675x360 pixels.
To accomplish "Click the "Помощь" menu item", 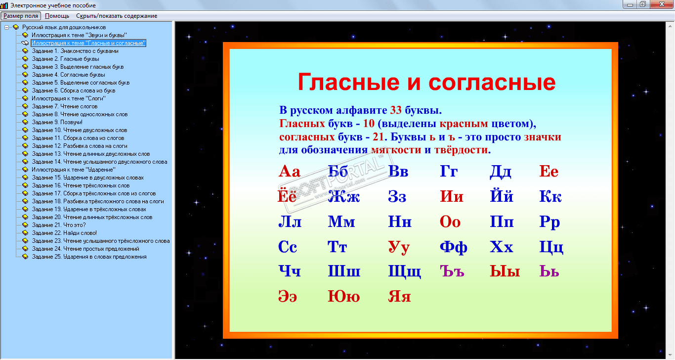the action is [57, 16].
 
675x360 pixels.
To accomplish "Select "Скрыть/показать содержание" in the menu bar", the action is [117, 16].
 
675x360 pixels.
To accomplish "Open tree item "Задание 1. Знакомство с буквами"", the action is [75, 51].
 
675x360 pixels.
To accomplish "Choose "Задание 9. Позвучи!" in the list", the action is [57, 122].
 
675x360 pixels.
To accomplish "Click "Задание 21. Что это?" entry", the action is [59, 225].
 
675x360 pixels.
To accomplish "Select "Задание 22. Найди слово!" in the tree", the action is [64, 233].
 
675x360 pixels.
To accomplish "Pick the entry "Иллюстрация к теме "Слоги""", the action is [68, 98].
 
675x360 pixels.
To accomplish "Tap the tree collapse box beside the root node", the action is [6, 27].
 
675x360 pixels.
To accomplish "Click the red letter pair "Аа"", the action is [289, 171].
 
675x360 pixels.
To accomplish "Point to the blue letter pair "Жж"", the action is [344, 197].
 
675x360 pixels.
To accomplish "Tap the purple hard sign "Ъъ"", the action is [452, 271].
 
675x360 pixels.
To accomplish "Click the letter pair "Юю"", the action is [344, 296].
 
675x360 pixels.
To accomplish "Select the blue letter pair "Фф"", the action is [454, 247].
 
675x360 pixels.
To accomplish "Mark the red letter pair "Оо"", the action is [450, 222].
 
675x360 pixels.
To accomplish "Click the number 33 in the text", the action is [396, 110].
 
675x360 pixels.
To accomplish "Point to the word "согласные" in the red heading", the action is [492, 82].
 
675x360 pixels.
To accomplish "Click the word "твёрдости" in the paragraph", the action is [461, 150].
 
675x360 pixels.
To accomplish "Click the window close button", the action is [662, 4].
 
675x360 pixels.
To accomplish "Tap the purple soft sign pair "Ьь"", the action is [549, 271].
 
